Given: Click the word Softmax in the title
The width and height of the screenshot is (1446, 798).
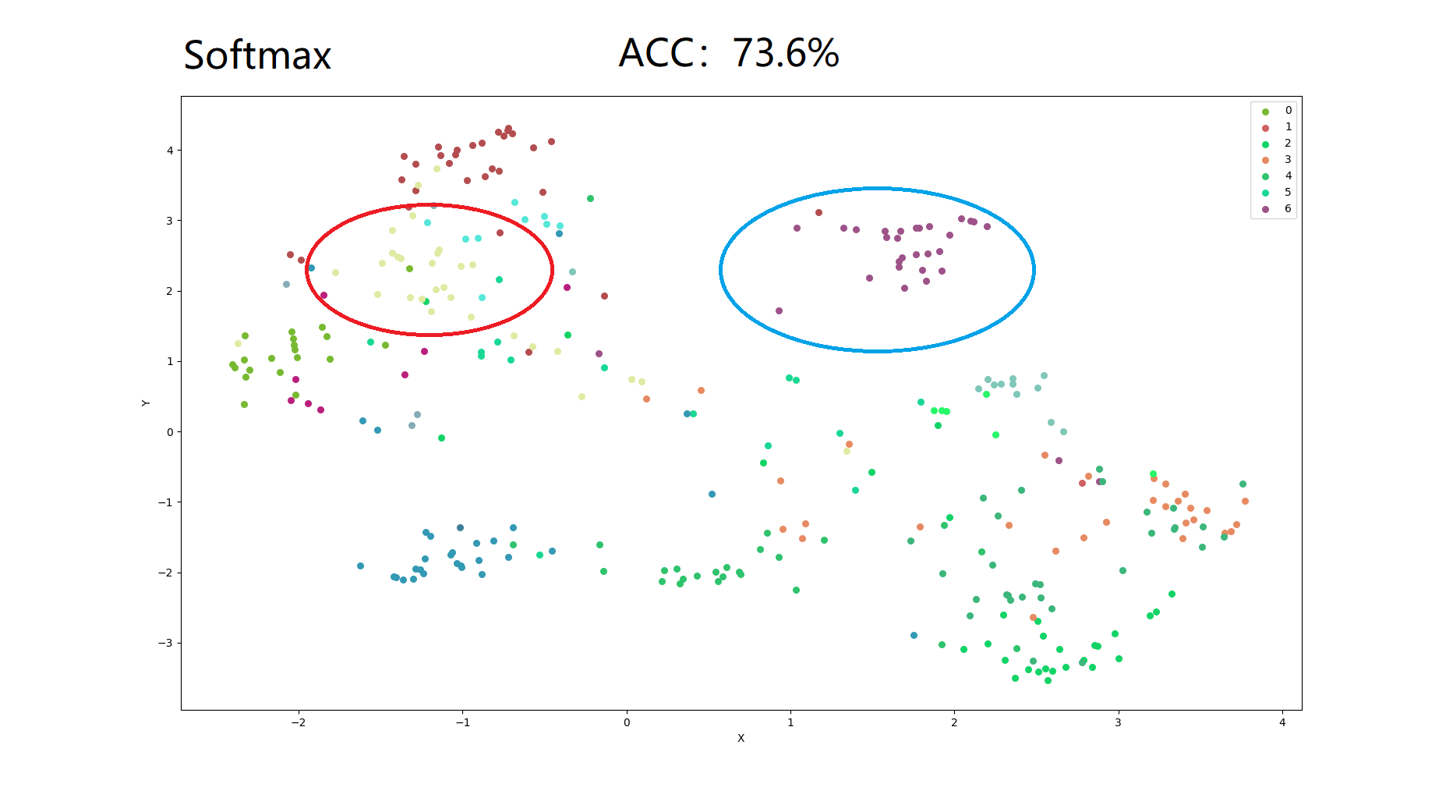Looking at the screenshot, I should tap(257, 55).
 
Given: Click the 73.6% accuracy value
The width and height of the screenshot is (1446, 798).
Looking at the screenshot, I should tap(785, 53).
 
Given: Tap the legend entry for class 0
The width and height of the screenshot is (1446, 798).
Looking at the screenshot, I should tap(1276, 111).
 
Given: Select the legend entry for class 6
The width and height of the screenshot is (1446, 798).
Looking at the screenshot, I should tap(1276, 209).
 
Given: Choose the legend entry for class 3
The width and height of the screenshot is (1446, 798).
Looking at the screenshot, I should tap(1276, 160).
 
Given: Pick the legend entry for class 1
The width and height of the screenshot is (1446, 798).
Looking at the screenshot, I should tap(1276, 127).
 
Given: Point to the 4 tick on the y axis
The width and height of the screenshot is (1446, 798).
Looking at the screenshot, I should tap(170, 151).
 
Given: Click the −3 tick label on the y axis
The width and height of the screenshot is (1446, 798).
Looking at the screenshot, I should tap(165, 643).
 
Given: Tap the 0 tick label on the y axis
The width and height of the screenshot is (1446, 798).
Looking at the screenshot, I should tap(170, 432).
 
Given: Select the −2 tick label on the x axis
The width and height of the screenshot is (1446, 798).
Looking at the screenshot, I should tap(298, 722).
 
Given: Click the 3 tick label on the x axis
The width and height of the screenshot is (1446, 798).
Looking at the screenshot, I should tap(1118, 722).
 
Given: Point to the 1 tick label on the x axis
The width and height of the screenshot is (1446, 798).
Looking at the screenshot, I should tap(790, 722).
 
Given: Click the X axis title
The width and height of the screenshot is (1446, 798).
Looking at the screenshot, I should tap(741, 738).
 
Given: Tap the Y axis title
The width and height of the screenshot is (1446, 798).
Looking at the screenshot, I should tap(146, 403).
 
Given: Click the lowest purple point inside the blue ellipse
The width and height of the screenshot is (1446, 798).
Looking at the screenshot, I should tap(779, 310).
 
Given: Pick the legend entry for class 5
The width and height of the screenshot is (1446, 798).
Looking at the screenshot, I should tap(1276, 193).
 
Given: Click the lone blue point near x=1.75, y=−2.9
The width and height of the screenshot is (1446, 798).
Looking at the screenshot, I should tap(914, 635).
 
